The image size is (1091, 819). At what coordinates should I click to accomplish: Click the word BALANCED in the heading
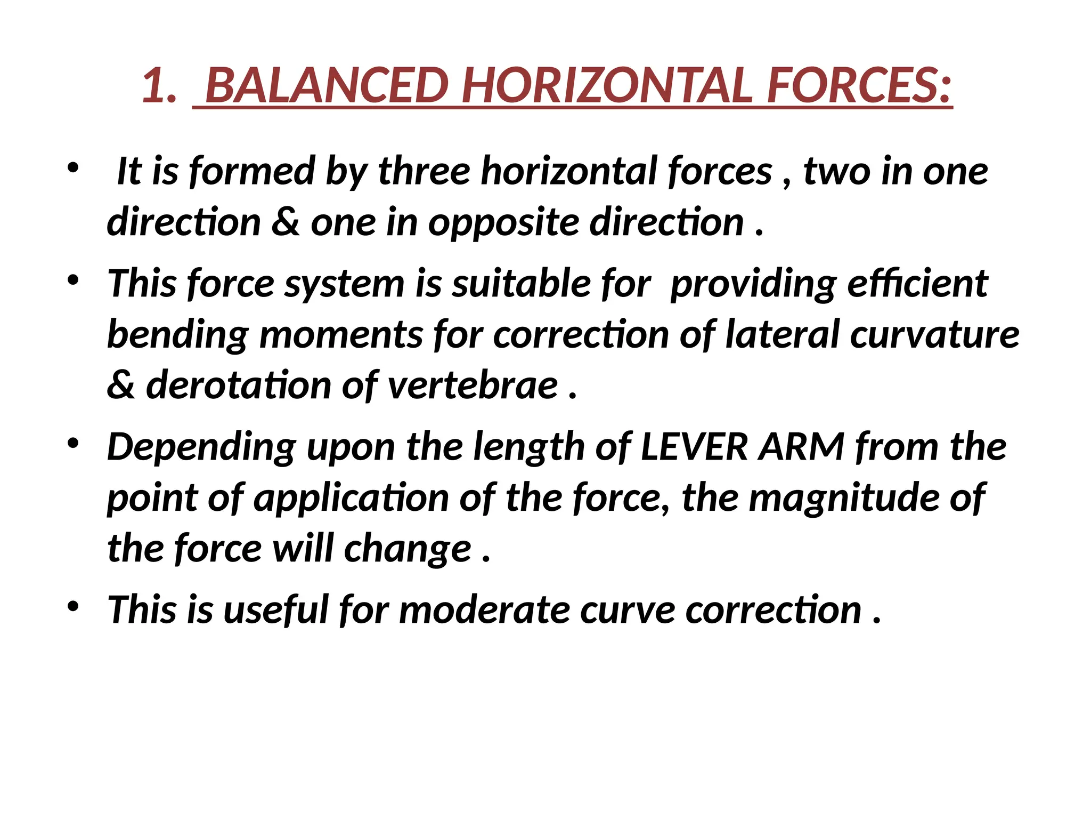coord(325,86)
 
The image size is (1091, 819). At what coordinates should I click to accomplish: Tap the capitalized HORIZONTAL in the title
coord(607,86)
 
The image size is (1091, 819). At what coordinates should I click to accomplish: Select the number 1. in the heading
coord(159,86)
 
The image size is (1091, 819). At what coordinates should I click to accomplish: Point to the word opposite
coord(503,223)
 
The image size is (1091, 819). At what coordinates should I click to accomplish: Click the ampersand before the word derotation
coord(121,385)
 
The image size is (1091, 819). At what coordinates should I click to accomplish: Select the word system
coord(344,283)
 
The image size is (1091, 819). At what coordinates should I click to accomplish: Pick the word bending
coord(178,335)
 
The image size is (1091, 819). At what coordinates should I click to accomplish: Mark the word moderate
coord(484,609)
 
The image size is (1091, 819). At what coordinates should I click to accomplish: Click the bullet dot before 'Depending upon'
coord(73,443)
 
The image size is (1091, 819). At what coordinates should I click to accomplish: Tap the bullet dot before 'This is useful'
coord(73,606)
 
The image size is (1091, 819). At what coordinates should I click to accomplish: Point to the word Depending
coord(201,447)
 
